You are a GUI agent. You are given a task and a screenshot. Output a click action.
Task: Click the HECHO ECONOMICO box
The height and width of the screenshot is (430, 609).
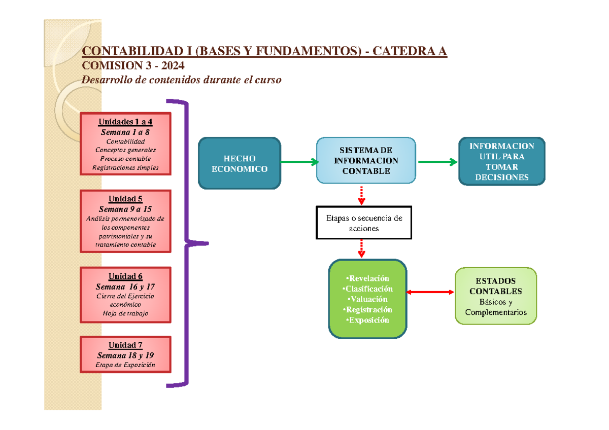point(239,164)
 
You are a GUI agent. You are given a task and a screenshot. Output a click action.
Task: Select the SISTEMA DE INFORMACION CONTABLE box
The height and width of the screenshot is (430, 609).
point(366,161)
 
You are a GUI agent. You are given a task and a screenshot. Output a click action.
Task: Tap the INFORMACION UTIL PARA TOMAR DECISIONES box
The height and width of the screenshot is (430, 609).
point(501,161)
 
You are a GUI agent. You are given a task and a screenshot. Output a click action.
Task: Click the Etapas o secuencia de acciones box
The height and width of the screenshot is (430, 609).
point(364,223)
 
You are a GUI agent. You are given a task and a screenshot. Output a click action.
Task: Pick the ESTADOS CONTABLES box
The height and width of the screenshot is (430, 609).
point(495,296)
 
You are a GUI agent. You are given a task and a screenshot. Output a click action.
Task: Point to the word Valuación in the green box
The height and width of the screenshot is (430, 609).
point(368,299)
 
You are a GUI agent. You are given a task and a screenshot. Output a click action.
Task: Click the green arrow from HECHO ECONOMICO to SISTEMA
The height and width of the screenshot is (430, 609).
point(299,162)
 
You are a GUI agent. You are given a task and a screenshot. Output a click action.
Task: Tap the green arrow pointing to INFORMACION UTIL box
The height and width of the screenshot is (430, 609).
point(437,162)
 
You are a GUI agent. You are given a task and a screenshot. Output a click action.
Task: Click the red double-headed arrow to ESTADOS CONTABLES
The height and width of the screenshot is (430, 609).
point(430,292)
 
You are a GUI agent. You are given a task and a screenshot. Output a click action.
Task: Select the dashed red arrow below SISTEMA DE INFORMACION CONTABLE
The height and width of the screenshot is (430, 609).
point(361,195)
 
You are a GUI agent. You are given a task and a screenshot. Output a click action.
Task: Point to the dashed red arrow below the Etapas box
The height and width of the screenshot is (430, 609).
point(361,248)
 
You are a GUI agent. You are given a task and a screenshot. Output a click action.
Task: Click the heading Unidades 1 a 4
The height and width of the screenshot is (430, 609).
point(125,122)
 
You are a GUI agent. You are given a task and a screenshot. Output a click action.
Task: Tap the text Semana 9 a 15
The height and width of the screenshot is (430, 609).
point(125,209)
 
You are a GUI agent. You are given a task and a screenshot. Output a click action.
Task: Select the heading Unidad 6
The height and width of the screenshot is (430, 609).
point(125,276)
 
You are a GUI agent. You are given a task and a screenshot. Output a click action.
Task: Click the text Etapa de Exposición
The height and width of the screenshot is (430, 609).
point(125,365)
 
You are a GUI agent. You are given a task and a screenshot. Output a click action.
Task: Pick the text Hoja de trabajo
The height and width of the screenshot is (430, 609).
point(125,313)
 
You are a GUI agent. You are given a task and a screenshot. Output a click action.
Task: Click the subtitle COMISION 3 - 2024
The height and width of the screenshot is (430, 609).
point(133,65)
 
